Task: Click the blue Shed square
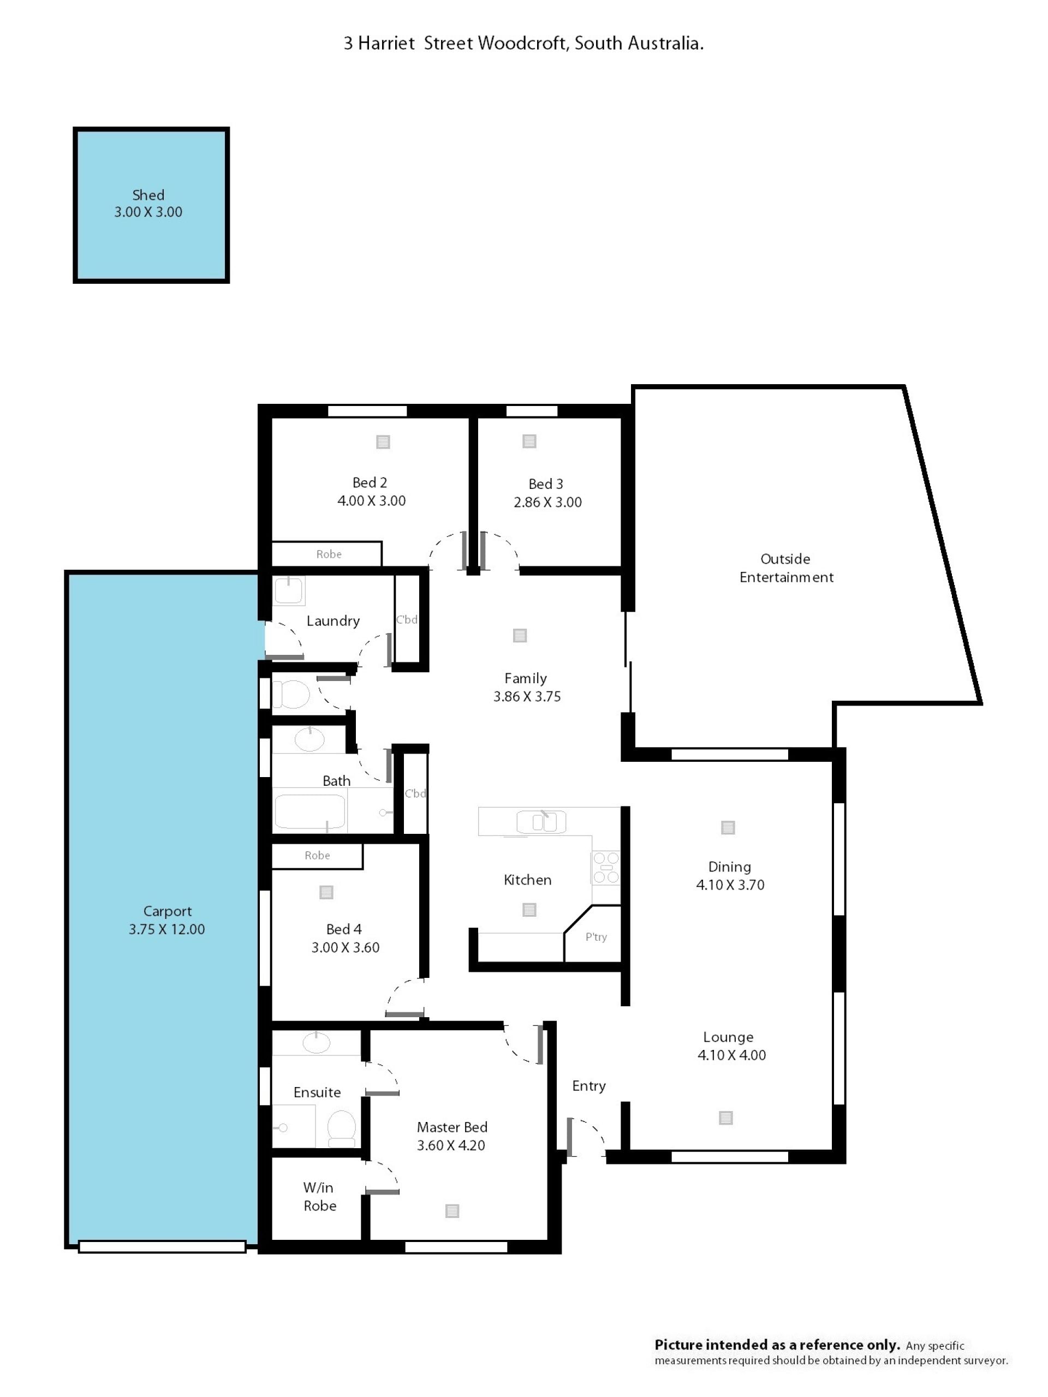tap(151, 205)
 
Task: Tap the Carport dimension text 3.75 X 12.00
tap(167, 929)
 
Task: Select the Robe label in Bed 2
tap(329, 554)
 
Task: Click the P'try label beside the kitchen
tap(596, 936)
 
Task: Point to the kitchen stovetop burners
tap(606, 867)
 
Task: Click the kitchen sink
tap(541, 822)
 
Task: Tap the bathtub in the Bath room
tap(309, 811)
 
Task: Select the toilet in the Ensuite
tap(341, 1128)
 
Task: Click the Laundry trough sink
tap(289, 590)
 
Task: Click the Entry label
tap(589, 1085)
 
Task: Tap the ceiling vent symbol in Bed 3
tap(529, 441)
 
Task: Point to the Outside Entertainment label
tap(787, 568)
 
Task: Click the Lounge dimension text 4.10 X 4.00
tap(731, 1055)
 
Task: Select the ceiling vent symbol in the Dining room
tap(728, 827)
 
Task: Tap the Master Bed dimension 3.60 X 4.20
tap(451, 1145)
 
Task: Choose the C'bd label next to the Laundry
tap(407, 619)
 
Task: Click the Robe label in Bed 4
tap(317, 855)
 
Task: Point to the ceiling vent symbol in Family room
tap(520, 635)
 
